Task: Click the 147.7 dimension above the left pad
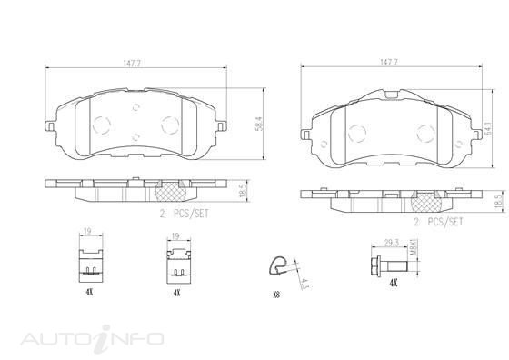[132, 64]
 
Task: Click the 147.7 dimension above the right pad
[389, 63]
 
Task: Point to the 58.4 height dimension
[260, 124]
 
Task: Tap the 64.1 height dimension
[487, 128]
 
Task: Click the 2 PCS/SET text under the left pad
[184, 214]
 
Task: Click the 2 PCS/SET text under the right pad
[438, 222]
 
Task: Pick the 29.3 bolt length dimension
[392, 243]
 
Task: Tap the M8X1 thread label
[413, 247]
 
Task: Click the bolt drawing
[389, 266]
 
